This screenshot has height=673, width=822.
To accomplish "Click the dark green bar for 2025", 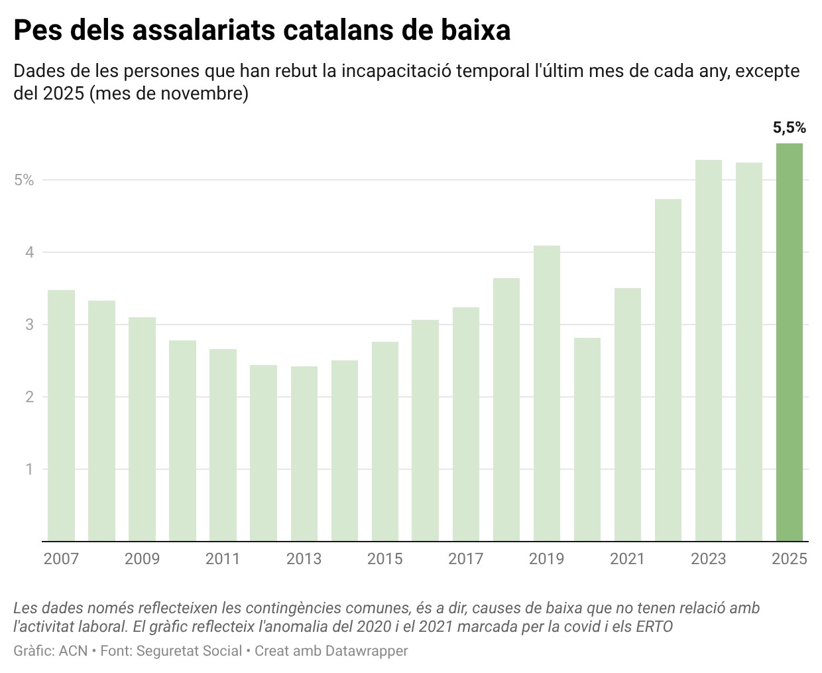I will pos(789,342).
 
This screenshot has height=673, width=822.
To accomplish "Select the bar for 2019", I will pos(546,393).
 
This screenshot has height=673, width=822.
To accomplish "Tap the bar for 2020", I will pos(587,439).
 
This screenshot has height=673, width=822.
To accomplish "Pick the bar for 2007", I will pos(61,415).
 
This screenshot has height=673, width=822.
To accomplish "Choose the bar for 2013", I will pos(304,453).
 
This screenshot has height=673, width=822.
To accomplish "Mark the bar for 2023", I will pos(708,350).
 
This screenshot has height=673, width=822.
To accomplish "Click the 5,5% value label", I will pos(789,127).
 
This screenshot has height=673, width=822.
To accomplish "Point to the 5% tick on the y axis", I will pos(24,180).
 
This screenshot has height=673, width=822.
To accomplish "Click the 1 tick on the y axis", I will pos(29,469).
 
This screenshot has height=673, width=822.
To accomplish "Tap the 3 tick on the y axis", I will pos(29,325).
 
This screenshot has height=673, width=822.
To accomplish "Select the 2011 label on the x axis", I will pos(223,559).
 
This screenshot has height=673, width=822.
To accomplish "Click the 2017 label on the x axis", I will pos(465,559).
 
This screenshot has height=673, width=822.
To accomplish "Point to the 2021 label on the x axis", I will pos(627,559).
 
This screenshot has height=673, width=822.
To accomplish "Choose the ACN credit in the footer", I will pos(74,651).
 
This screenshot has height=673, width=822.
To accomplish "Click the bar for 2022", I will pos(668,370).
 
